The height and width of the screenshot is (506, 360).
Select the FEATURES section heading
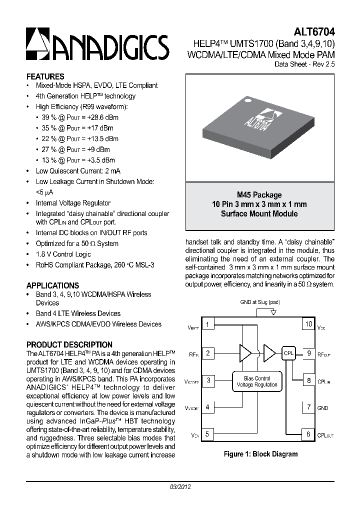click(x=45, y=76)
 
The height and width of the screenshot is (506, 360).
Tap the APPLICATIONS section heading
click(x=52, y=285)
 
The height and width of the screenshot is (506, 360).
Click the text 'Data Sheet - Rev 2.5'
click(x=304, y=65)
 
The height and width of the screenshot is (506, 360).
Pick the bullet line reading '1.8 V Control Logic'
click(x=63, y=254)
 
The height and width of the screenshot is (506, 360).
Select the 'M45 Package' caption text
click(x=259, y=195)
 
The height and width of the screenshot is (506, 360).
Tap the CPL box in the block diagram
click(x=288, y=353)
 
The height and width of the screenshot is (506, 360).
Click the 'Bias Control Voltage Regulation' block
click(x=256, y=381)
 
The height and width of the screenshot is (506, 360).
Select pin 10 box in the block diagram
click(x=308, y=324)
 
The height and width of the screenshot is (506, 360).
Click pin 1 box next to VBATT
click(x=207, y=324)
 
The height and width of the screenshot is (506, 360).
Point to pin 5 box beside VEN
click(x=207, y=434)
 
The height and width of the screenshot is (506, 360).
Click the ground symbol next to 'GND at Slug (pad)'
click(x=273, y=312)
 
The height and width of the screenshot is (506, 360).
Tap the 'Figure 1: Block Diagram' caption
click(x=260, y=454)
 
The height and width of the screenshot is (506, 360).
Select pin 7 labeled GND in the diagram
click(x=308, y=407)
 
